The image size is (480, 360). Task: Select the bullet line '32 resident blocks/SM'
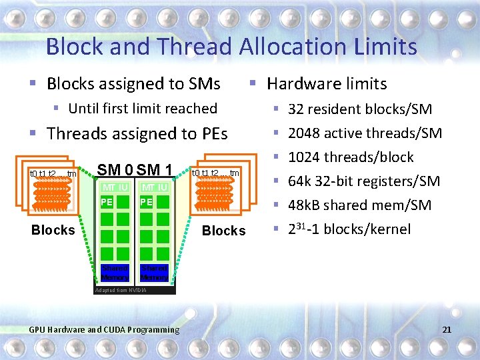point(359,109)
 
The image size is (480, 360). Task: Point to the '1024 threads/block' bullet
point(350,157)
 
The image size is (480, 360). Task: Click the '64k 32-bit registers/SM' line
point(363,181)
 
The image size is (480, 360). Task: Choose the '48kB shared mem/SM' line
point(359,205)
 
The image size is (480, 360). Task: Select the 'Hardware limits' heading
point(326,84)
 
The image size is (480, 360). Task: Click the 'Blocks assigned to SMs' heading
point(133,84)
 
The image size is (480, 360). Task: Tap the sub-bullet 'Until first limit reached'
point(143,109)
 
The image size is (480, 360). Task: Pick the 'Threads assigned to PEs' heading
point(137,134)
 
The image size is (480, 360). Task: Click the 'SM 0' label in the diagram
point(115,170)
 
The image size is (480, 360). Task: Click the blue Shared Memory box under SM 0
point(115,272)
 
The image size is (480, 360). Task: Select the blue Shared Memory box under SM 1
point(155,272)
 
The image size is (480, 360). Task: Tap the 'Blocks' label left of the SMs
point(53,230)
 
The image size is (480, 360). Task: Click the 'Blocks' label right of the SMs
point(223,231)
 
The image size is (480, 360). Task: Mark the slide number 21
point(447,329)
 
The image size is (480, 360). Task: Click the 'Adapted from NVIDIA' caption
point(123,291)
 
